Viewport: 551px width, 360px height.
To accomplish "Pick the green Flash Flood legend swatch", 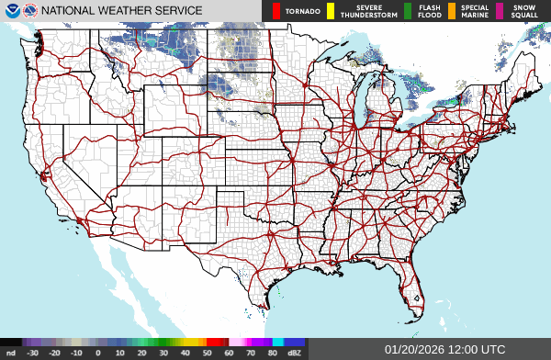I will point(408,11).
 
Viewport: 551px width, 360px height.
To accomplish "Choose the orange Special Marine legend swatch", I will point(452,11).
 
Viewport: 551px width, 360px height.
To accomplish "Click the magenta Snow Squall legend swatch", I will point(500,11).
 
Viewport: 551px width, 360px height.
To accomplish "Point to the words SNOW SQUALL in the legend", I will point(525,11).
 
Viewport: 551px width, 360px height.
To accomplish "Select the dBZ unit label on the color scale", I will point(294,353).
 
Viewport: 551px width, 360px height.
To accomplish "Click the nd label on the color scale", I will point(10,353).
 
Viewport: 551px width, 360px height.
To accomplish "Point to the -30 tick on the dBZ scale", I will point(32,353).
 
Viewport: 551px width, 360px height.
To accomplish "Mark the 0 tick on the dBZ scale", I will point(97,353).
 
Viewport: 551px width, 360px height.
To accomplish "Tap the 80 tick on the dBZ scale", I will point(273,353).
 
